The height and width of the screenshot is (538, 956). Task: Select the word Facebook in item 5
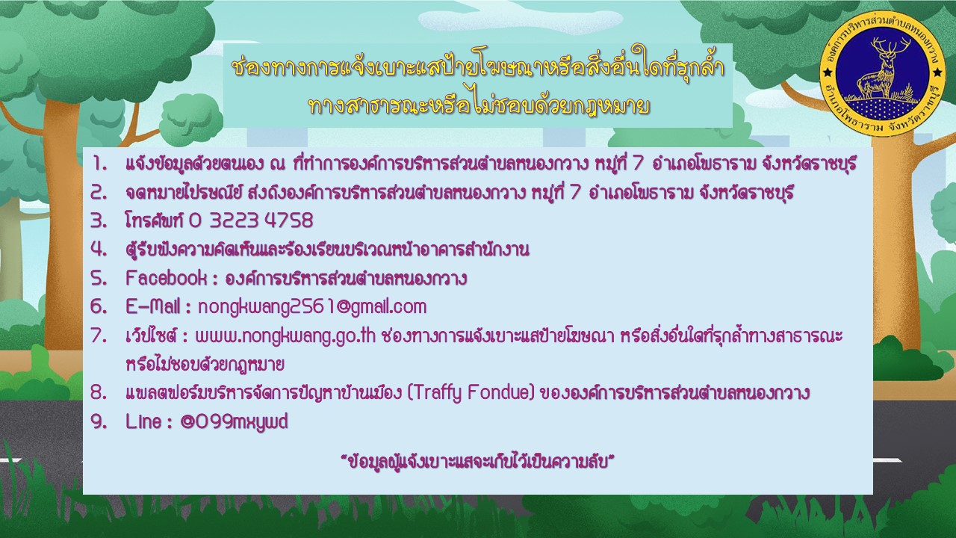point(166,279)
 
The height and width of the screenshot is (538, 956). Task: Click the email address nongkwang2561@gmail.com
point(312,307)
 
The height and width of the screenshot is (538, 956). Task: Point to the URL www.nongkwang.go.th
point(285,336)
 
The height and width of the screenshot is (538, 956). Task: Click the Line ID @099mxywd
point(234,422)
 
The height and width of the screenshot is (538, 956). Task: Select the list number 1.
point(100,164)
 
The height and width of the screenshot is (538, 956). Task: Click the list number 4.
point(99,250)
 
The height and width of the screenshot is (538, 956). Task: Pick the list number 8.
point(99,393)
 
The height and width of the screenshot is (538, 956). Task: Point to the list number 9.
point(99,422)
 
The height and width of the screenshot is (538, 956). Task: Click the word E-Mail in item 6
point(152,306)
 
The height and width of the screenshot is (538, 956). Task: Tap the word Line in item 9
point(143,422)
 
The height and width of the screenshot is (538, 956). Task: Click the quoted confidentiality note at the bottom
point(477,462)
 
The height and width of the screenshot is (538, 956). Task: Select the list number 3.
point(99,220)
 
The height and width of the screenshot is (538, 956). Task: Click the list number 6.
point(99,306)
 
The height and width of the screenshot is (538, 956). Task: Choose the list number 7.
point(99,336)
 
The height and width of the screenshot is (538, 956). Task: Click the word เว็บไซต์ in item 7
point(151,336)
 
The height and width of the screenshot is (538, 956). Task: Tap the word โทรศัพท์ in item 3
point(154,220)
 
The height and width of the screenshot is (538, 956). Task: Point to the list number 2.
point(99,193)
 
